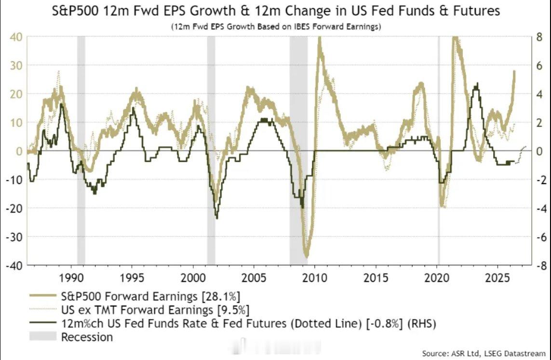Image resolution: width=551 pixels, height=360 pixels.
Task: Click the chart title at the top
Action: click(x=276, y=11)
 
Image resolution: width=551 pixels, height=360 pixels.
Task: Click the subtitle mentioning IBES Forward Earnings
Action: click(x=276, y=27)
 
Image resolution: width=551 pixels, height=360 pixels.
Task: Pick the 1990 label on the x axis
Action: click(x=71, y=278)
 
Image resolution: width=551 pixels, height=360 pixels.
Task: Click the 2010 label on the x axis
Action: click(x=315, y=278)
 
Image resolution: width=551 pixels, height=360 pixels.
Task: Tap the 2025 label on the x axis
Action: click(x=497, y=278)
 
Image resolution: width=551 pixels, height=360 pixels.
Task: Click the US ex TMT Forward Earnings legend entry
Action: click(x=139, y=310)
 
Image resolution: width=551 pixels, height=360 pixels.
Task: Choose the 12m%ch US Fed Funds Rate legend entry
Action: click(x=232, y=323)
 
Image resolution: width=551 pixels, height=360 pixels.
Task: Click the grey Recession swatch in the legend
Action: click(x=42, y=336)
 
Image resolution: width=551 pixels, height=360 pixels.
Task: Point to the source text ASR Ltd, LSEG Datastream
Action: click(x=484, y=353)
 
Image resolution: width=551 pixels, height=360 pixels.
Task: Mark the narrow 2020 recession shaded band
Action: click(x=438, y=150)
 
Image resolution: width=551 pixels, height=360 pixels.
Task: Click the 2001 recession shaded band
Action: click(x=211, y=150)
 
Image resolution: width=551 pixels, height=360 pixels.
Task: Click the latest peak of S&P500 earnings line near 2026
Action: click(x=514, y=72)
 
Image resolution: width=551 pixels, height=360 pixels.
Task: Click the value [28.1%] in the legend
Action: click(x=221, y=296)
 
